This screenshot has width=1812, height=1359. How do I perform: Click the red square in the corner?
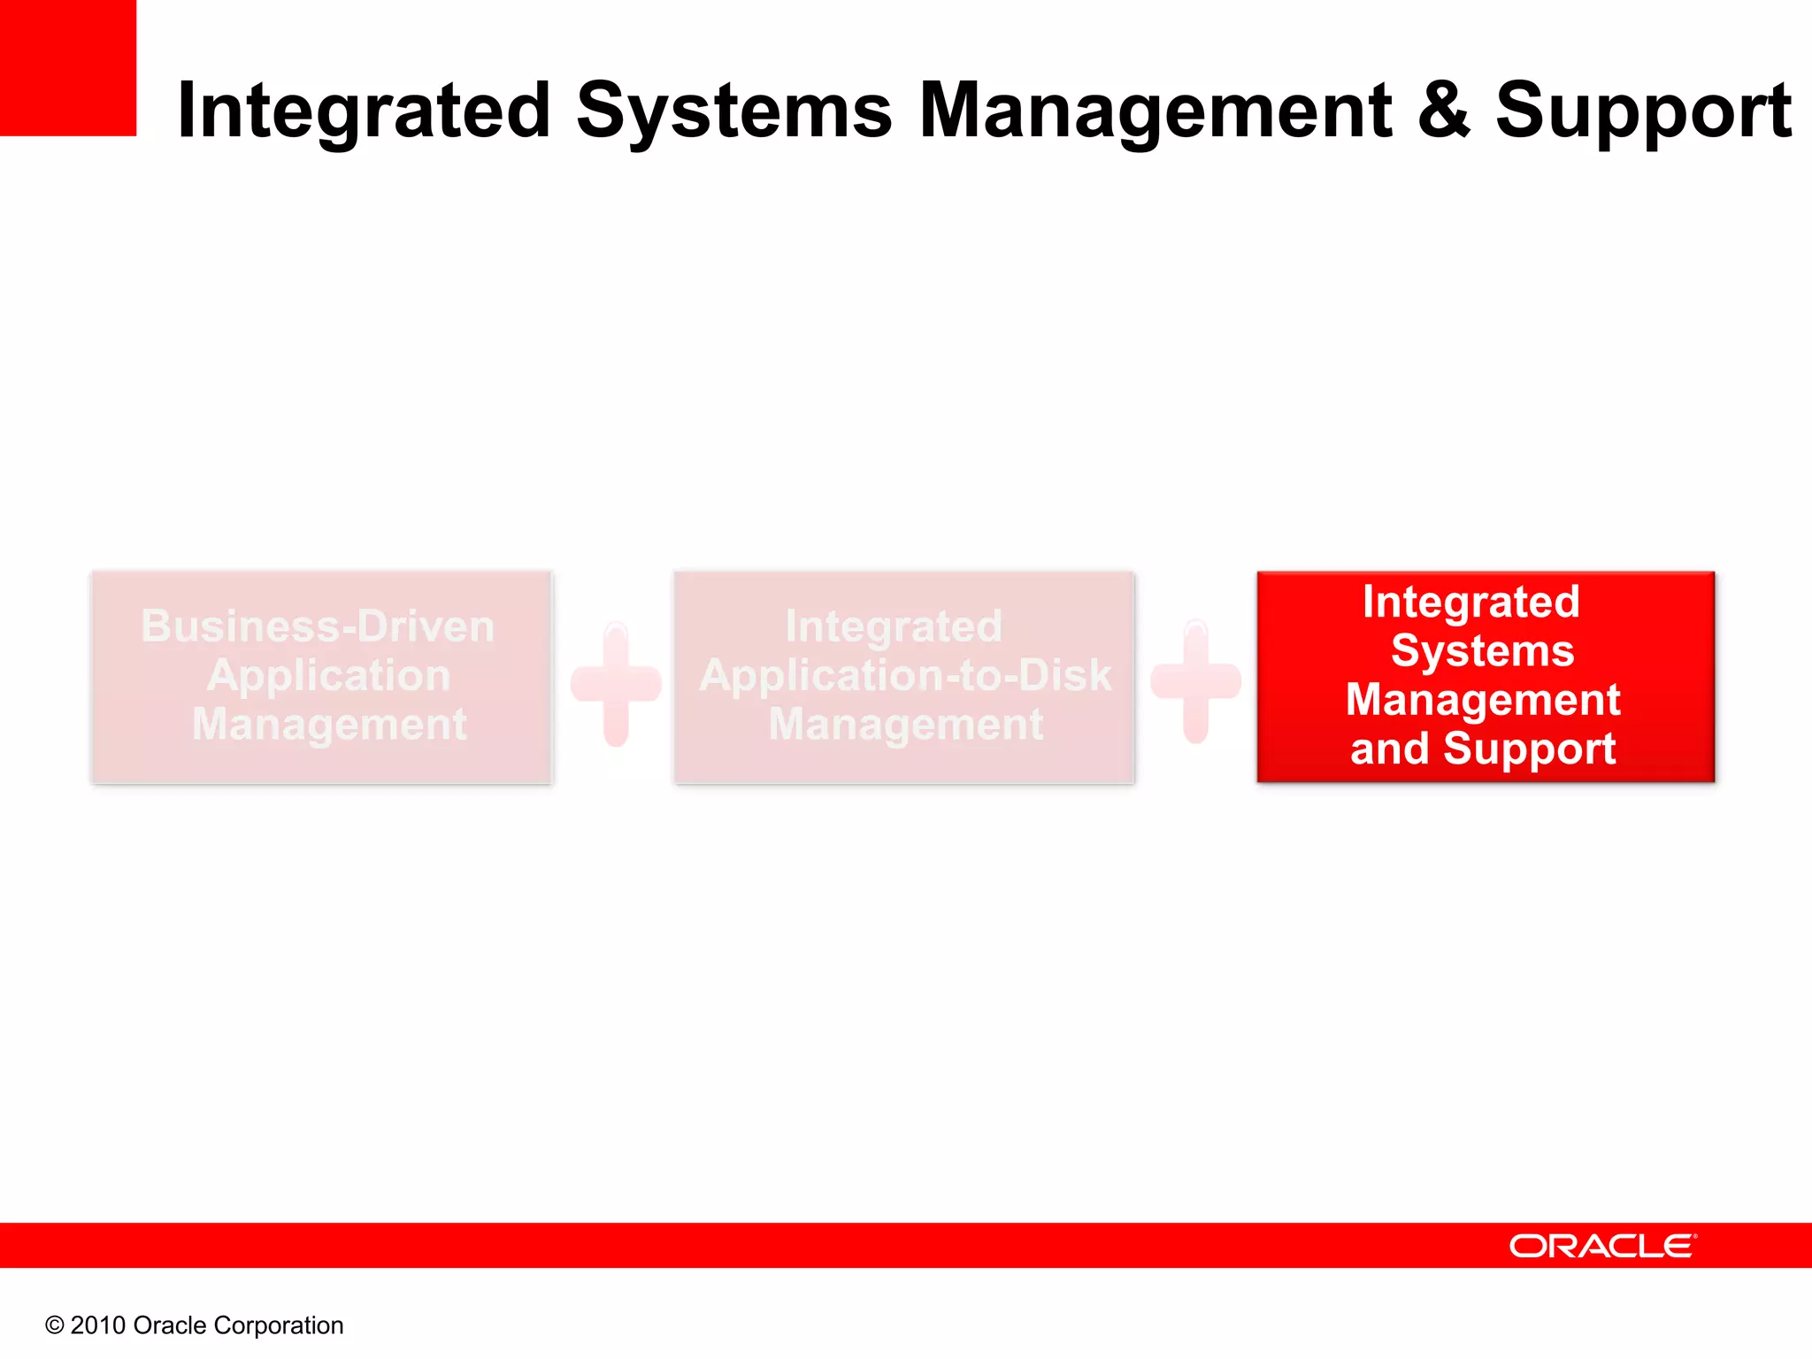[x=67, y=67]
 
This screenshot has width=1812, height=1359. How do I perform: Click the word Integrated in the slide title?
[x=364, y=111]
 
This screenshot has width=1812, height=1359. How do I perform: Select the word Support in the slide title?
[x=1643, y=113]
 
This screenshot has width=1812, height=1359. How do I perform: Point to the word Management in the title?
[x=1155, y=111]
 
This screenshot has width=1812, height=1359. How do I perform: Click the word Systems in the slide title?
[x=733, y=111]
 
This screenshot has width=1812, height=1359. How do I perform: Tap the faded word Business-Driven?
[x=318, y=626]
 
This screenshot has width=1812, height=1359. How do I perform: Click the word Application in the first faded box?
[x=329, y=676]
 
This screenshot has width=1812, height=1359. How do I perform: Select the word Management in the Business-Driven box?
[x=329, y=724]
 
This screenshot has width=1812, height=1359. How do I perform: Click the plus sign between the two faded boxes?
[x=616, y=683]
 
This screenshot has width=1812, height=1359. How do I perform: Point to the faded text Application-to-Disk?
[x=905, y=676]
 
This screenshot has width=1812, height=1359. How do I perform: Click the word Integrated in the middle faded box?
[x=894, y=626]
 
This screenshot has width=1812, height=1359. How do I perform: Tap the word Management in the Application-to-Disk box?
[x=905, y=724]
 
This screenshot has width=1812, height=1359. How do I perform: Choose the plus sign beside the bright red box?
[x=1195, y=681]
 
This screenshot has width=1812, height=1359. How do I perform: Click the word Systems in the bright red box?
[x=1483, y=651]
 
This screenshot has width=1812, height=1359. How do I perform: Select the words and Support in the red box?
[x=1483, y=749]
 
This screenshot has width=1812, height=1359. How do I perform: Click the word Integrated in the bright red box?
[x=1470, y=603]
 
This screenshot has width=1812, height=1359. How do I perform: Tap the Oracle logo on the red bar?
[x=1602, y=1246]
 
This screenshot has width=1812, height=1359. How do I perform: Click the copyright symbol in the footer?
[x=55, y=1325]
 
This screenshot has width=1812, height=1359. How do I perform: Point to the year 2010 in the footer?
[x=97, y=1325]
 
